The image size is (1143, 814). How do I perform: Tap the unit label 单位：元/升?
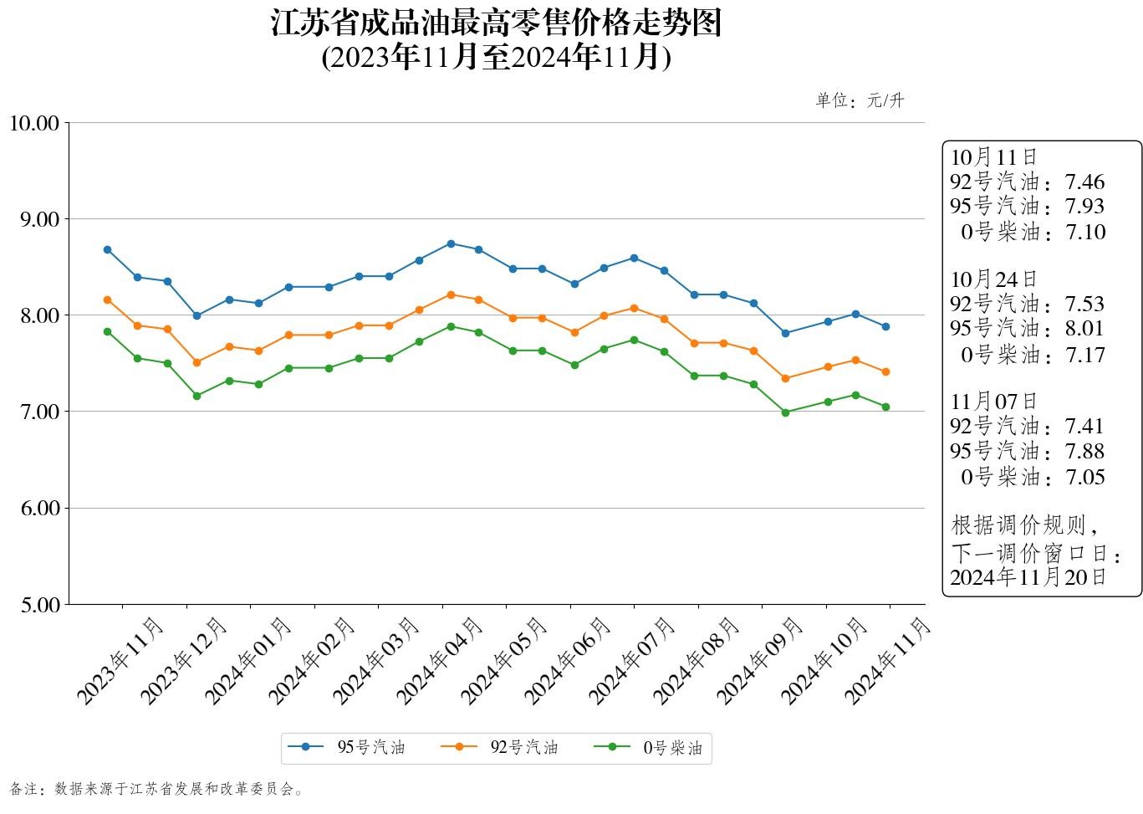[860, 101]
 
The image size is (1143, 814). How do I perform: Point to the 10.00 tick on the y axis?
[34, 123]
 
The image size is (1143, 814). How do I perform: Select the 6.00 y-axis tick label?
[39, 508]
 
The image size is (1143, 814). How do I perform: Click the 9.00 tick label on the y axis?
[39, 219]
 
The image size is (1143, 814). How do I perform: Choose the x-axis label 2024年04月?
[440, 660]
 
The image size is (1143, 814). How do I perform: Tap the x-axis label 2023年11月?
[120, 660]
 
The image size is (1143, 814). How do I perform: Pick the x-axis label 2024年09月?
[760, 660]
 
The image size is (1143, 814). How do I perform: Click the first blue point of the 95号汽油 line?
[107, 249]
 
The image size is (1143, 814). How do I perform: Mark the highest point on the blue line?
[451, 243]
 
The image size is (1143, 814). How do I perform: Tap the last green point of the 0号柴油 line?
[885, 407]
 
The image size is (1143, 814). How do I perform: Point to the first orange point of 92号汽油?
[107, 299]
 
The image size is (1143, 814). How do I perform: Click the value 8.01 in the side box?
[1084, 329]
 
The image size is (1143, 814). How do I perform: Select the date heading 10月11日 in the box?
[993, 156]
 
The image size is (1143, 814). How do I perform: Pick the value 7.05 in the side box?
[1084, 477]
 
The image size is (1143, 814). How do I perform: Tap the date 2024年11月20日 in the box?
[1028, 576]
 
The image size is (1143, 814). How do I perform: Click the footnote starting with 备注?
[156, 789]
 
